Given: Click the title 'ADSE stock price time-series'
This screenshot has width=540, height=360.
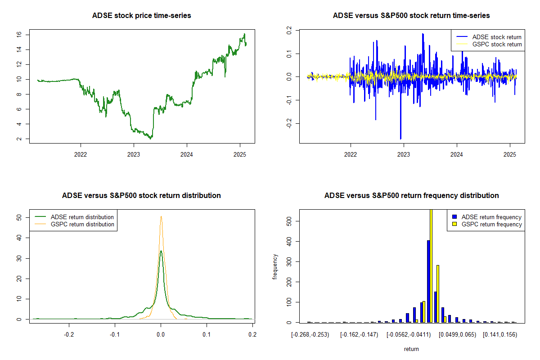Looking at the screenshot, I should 141,16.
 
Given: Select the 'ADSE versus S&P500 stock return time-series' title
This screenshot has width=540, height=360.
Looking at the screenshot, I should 411,16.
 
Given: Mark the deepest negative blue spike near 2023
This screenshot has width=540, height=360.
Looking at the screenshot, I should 400,139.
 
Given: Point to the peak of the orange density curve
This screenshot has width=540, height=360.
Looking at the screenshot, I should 161,216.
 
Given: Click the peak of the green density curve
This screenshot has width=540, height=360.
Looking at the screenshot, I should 161,251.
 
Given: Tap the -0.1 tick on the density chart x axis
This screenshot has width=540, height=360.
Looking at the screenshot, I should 115,335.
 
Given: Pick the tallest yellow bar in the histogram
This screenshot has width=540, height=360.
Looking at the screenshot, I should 431,265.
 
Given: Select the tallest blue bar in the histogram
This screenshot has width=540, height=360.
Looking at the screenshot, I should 428,281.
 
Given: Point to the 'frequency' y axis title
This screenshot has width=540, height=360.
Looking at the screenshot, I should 275,266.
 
